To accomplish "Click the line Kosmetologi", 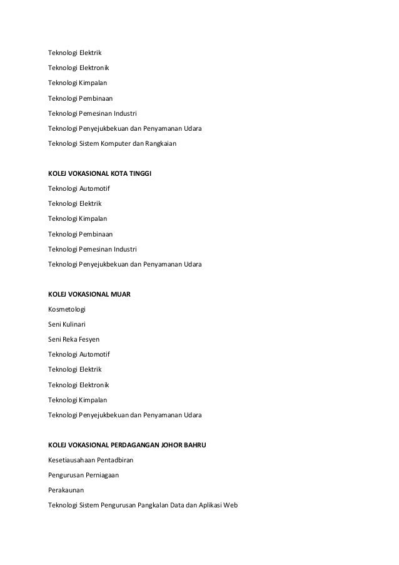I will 67,309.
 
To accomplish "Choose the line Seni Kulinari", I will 67,324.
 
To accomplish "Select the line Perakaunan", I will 66,490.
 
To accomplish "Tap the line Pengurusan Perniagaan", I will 84,475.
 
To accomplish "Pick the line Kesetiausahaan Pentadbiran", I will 90,460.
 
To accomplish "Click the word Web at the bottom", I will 231,505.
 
